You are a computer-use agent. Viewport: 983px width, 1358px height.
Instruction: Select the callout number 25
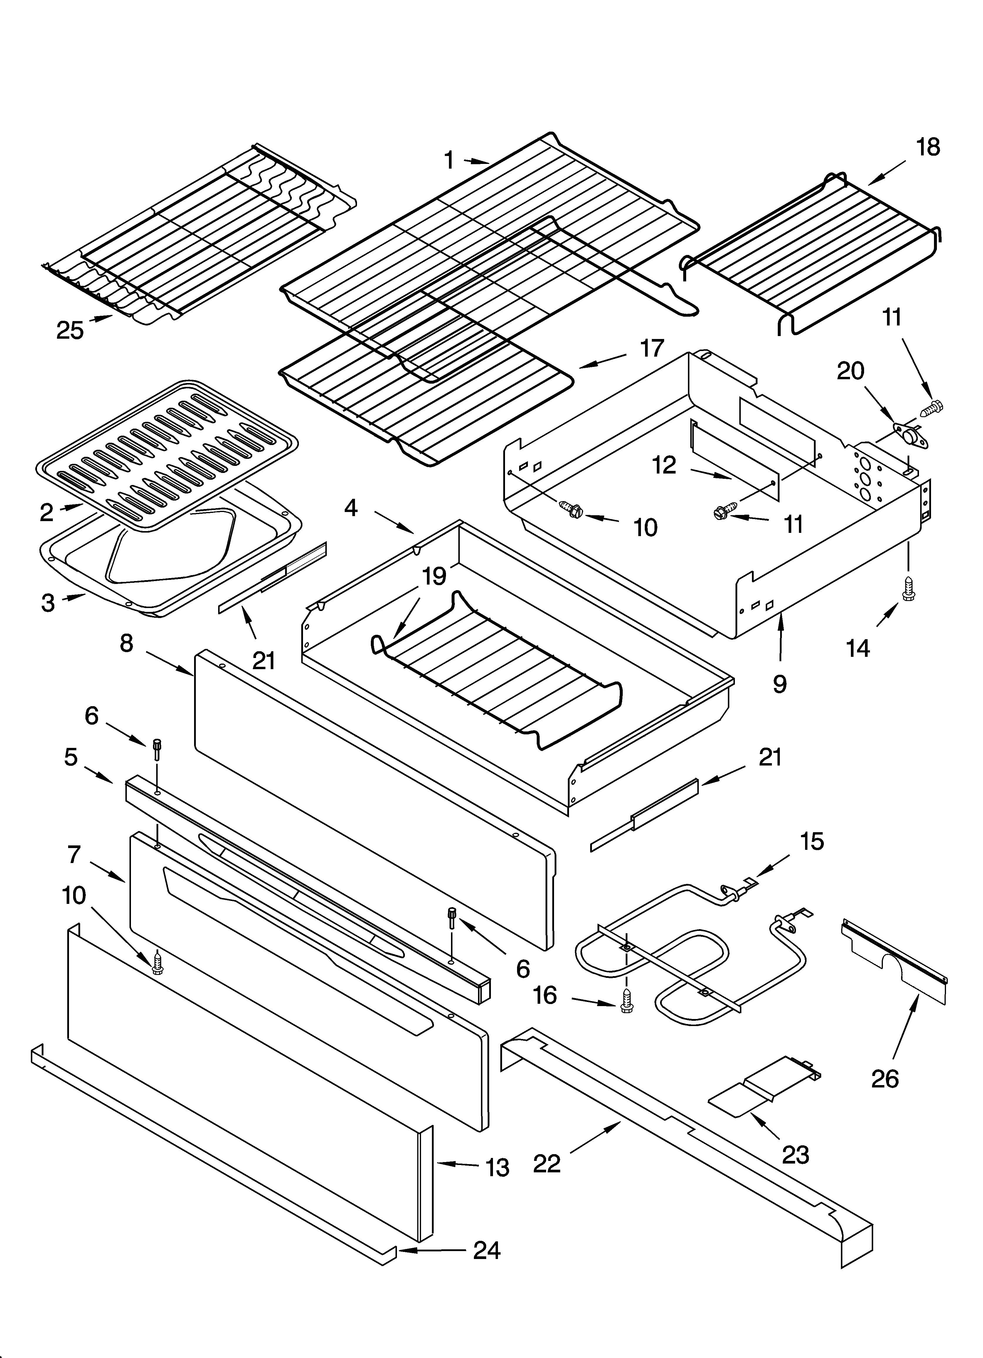click(70, 330)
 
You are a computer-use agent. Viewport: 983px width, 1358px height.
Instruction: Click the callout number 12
click(664, 465)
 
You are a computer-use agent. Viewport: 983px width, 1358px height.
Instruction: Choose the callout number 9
click(780, 684)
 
